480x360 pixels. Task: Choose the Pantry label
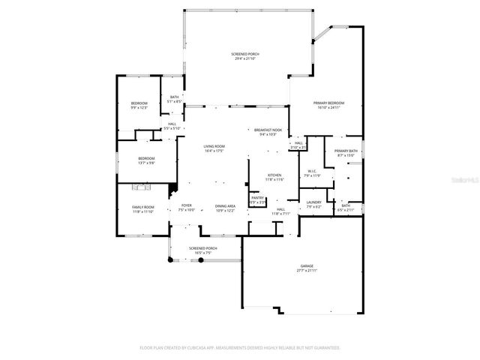point(257,200)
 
